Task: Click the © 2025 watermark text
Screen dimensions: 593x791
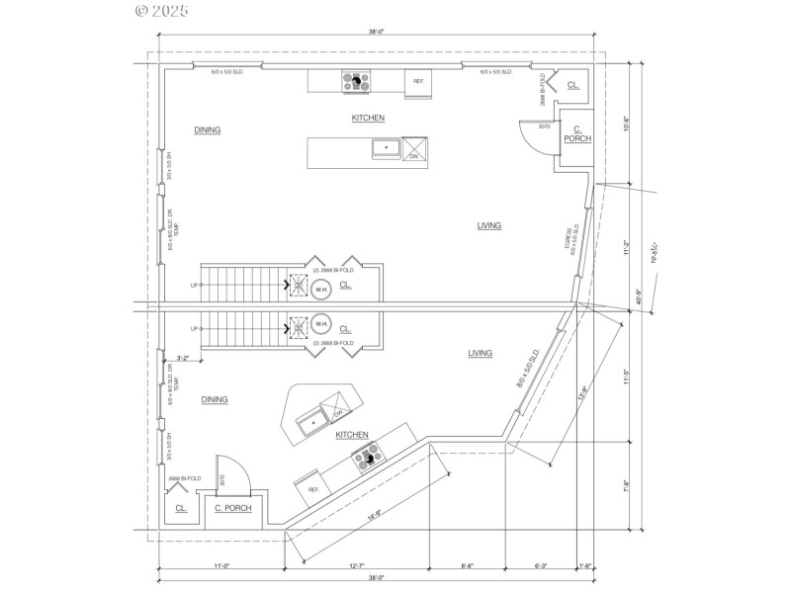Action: [161, 12]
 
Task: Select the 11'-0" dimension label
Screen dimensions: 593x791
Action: [220, 565]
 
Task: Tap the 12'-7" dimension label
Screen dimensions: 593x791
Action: [357, 565]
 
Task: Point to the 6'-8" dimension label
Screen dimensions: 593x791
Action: [467, 565]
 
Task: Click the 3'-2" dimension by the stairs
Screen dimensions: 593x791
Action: [183, 358]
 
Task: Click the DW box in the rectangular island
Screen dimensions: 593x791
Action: [414, 156]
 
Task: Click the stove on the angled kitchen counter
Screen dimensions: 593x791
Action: [369, 455]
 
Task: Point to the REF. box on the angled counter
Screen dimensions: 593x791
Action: [313, 489]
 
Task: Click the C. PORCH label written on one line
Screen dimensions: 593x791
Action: [233, 508]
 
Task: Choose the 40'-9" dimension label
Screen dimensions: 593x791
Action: [640, 295]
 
